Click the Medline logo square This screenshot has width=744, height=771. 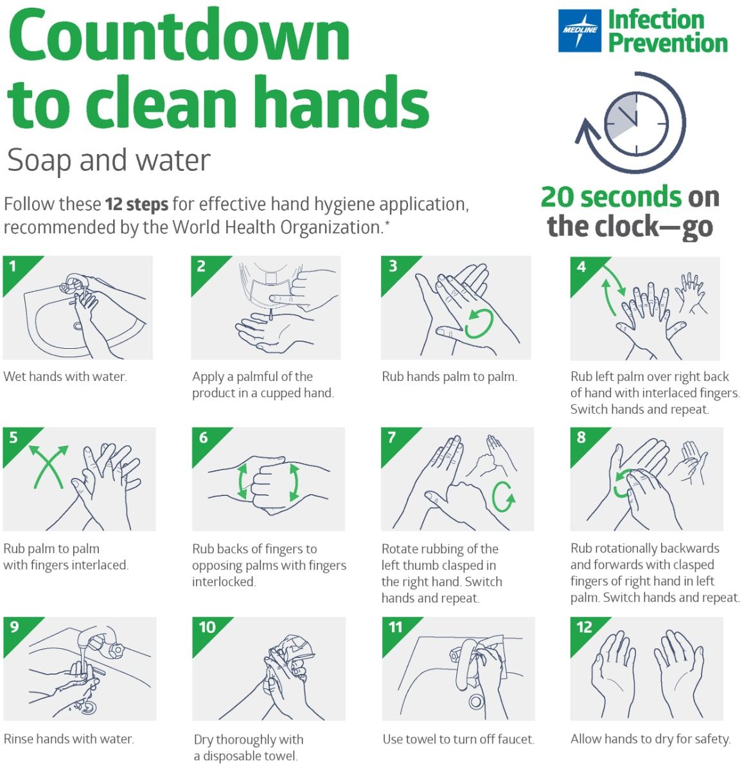point(580,30)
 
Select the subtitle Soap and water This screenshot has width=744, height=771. point(109,161)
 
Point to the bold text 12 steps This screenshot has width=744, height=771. point(137,205)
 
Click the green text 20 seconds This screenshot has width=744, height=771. point(610,197)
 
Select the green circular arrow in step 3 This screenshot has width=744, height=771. point(479,323)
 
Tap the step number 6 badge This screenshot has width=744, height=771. point(204,438)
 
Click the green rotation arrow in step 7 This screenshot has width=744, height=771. point(504,496)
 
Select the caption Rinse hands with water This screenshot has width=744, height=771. point(69,739)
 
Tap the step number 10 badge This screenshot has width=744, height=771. point(207,627)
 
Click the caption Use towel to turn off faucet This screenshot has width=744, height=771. point(458,739)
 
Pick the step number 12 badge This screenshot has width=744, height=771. point(584,627)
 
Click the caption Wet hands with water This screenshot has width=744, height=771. point(65,377)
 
